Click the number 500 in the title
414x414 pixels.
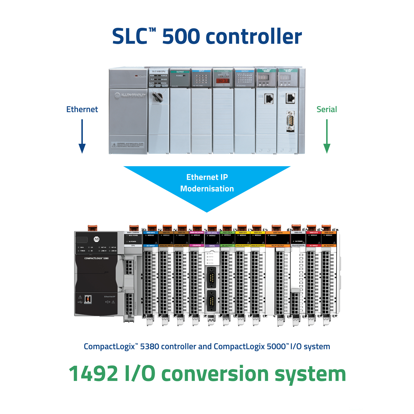[x=181, y=36]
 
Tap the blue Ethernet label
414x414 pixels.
[x=82, y=109]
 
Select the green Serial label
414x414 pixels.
[x=327, y=109]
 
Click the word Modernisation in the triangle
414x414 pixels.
[x=207, y=189]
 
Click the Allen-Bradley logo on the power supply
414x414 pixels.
[x=130, y=95]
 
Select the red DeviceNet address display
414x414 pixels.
[x=222, y=81]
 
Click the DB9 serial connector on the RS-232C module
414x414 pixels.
[x=290, y=121]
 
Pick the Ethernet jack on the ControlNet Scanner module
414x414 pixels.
[x=269, y=99]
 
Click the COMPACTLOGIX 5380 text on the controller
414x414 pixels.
[x=96, y=258]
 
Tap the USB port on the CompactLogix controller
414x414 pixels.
[x=88, y=299]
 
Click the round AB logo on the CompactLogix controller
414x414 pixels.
[x=96, y=239]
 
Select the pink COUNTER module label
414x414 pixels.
[x=197, y=245]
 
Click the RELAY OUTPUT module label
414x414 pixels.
[x=278, y=245]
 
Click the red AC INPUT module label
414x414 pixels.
[x=314, y=245]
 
